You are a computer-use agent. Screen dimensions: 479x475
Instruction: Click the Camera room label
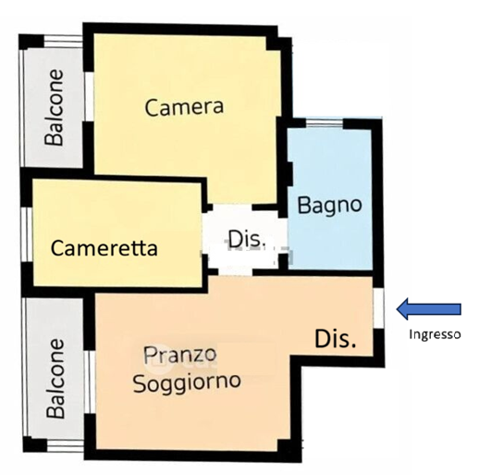coord(184,106)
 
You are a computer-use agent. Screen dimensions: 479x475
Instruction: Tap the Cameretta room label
coord(104,248)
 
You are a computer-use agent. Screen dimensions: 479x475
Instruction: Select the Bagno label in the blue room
coord(329,205)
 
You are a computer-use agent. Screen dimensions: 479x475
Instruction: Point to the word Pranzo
coord(179,355)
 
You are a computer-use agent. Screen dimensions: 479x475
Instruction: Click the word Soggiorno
coord(187,382)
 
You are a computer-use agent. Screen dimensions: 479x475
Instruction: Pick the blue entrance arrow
coord(428,308)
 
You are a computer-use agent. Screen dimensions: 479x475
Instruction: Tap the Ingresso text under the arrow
coord(435,334)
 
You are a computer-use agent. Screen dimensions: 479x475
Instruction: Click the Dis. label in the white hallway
coord(247,239)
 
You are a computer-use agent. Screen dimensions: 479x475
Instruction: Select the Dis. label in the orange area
coord(336,339)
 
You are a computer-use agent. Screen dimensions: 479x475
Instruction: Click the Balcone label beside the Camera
coord(55,107)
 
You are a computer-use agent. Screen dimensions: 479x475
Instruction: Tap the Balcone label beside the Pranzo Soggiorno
coord(55,379)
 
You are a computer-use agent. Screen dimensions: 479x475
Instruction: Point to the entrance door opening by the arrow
coord(378,307)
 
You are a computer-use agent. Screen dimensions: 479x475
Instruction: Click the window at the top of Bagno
coord(325,123)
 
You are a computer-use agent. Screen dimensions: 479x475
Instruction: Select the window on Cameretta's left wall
coord(28,234)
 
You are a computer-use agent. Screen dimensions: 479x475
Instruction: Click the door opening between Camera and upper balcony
coord(89,96)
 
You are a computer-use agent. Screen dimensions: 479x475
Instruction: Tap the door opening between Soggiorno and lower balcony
coord(90,382)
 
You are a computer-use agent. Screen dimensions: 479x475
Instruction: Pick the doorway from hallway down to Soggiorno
coord(235,271)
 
